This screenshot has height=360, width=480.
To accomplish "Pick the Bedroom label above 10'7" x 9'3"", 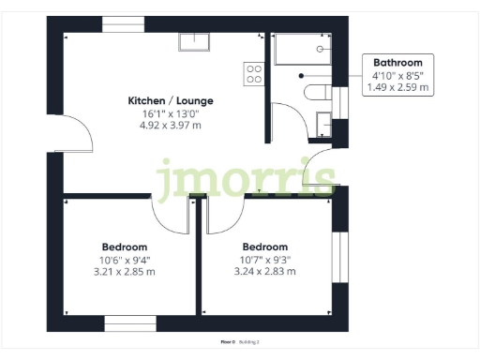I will tap(267, 247).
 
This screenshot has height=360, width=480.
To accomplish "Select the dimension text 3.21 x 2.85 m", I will tap(125, 272).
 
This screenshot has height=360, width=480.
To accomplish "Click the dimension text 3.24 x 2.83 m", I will tap(267, 272).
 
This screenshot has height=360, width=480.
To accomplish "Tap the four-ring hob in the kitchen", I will tap(253, 73).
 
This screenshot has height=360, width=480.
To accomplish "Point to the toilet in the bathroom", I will tap(317, 91).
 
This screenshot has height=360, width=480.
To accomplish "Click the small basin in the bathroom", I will tap(323, 121).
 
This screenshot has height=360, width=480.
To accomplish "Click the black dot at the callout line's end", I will tap(302, 75).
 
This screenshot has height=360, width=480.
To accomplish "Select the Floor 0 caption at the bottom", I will tap(228, 342).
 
